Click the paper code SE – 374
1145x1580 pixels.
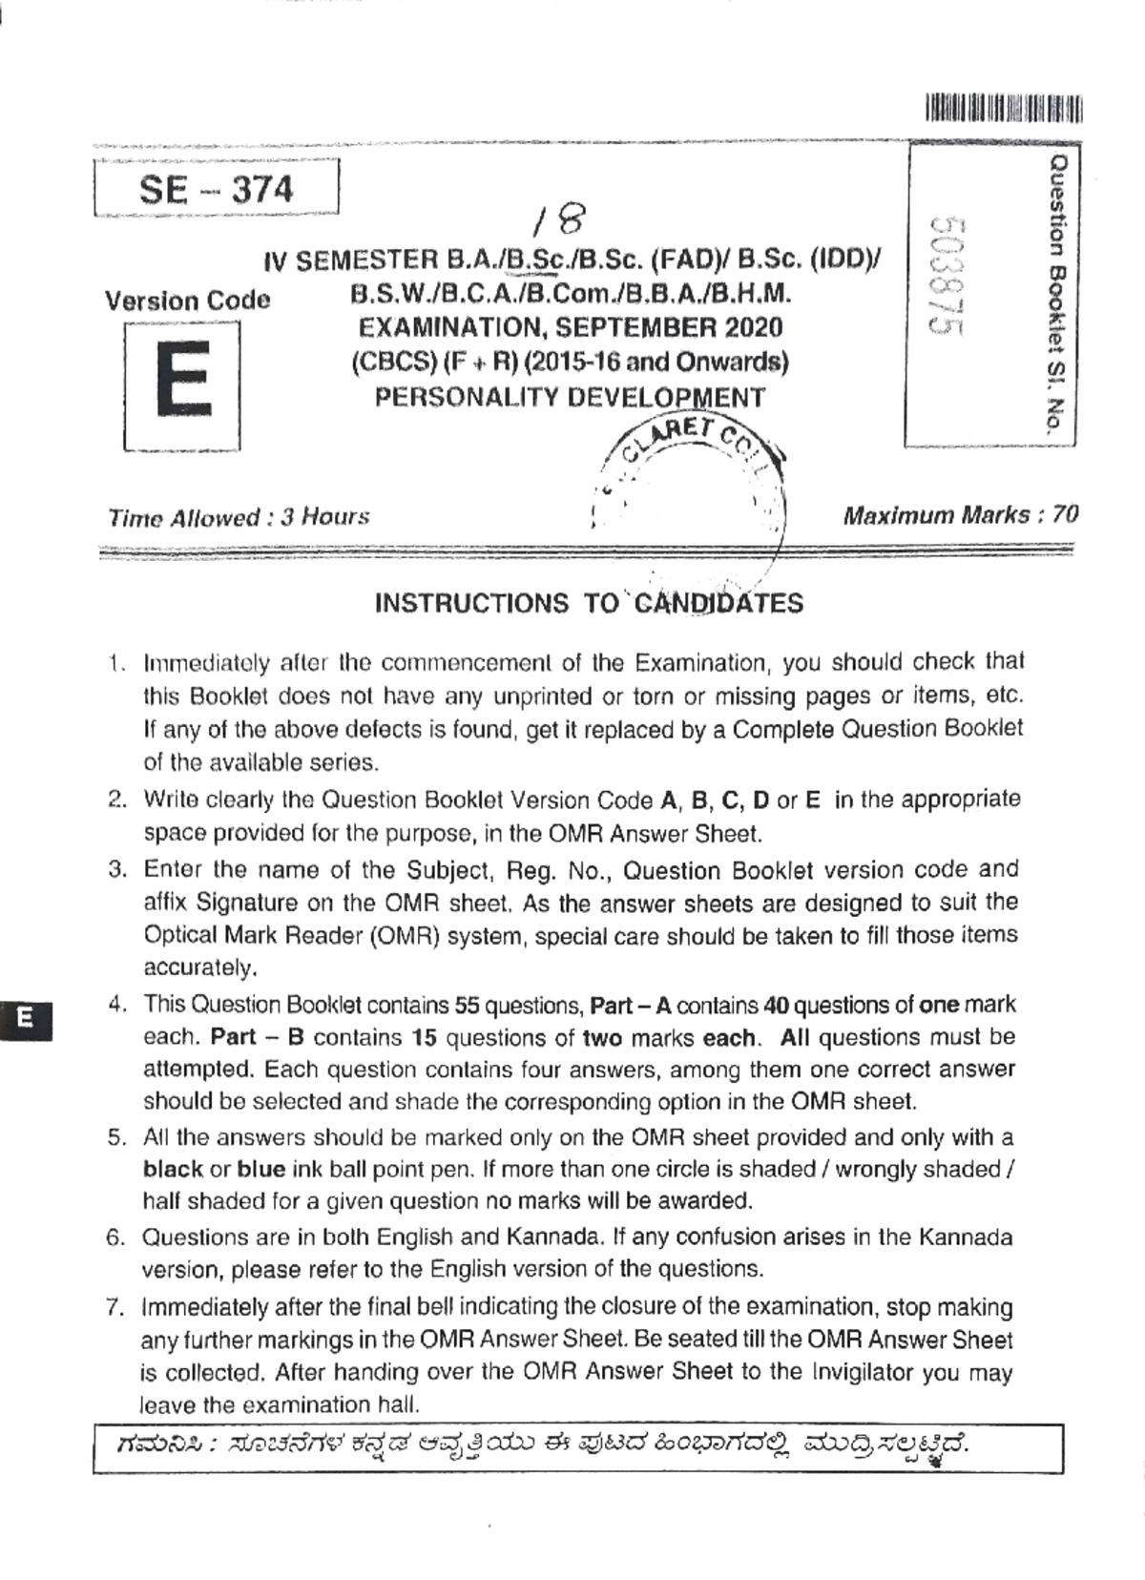coord(216,190)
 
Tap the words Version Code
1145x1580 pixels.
coord(188,301)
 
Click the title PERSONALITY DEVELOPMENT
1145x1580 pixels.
coord(570,397)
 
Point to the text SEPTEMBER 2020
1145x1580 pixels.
coord(665,327)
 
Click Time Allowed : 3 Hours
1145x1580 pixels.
coord(239,518)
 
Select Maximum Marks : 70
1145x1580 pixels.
coord(960,515)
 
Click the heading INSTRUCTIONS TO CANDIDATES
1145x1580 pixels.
coord(589,603)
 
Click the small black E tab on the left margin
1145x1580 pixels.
coord(27,1017)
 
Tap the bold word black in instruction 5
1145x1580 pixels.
coord(173,1169)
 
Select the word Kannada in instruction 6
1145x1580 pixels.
coord(966,1237)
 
